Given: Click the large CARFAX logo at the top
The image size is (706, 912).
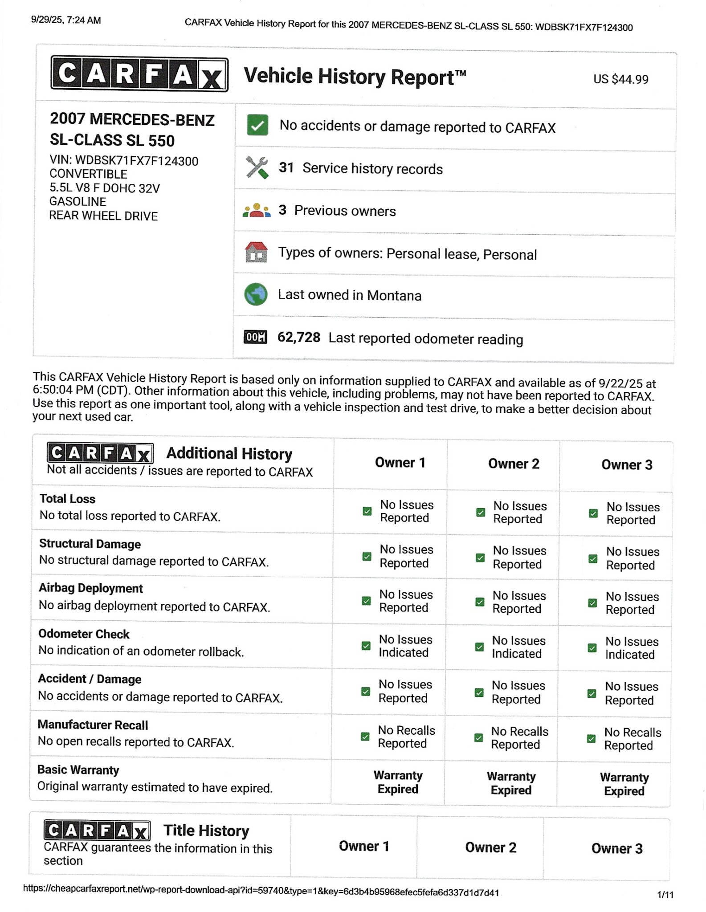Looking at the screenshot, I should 139,74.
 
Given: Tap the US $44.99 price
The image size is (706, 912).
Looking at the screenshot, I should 620,79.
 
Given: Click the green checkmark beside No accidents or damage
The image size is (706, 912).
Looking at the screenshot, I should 257,125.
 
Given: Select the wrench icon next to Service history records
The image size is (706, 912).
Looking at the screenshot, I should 257,167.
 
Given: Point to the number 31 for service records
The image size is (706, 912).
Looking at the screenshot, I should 286,168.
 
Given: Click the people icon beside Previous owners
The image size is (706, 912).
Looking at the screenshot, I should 257,210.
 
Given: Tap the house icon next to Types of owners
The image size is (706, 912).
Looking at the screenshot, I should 256,252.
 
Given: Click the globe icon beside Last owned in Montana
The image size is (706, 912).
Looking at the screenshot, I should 256,294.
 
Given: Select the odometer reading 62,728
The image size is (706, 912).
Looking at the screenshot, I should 298,338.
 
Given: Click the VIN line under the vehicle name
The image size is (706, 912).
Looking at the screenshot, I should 124,160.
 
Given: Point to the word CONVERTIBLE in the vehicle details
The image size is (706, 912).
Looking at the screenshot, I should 88,174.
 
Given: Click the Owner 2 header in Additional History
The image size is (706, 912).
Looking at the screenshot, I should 514,464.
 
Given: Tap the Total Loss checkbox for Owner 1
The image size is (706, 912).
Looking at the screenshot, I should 367,511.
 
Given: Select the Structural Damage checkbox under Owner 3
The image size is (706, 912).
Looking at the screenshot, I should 593,558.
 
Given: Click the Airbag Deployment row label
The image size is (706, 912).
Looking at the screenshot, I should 91,588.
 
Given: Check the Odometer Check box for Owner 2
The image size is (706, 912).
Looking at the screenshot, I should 479,647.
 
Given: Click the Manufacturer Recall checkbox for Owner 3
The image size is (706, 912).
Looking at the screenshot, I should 591,739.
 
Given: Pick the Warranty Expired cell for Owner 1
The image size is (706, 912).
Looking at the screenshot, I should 398,782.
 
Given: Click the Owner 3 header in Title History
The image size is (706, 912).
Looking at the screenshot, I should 617,849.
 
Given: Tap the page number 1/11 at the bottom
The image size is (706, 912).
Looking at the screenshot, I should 665,895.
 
